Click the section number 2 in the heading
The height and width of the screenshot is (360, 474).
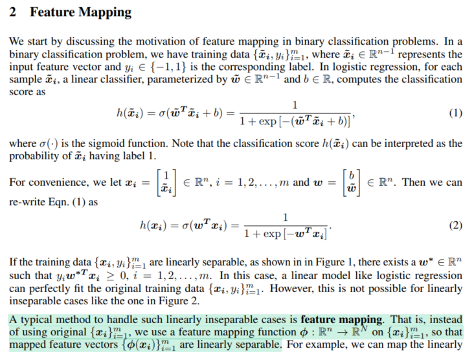[13, 12]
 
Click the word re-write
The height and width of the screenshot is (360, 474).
[26, 202]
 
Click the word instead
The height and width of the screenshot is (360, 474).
[448, 320]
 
